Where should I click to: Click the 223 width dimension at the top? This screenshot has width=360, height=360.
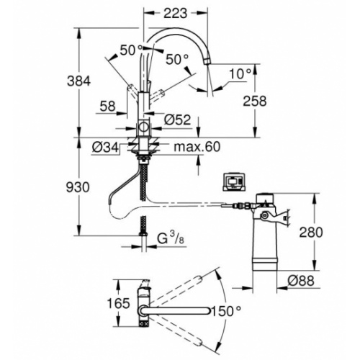point(175,14)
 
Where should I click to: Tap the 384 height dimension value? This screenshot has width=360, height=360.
point(78,81)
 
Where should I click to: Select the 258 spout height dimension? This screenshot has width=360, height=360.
point(255,101)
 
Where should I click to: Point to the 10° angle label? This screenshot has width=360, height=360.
point(240,73)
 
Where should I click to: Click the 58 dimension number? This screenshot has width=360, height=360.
point(107,106)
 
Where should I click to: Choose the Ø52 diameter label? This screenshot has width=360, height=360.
point(177,120)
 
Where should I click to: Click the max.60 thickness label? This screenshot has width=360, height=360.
point(197,147)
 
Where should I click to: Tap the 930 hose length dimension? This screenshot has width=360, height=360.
point(78,187)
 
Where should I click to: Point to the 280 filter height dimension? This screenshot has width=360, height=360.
point(311,232)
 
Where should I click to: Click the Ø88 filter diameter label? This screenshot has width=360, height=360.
point(301,280)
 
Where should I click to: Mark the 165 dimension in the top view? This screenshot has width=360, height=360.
point(118,303)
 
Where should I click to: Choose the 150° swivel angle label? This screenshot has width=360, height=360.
point(226,311)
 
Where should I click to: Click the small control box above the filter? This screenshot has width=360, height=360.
point(234,181)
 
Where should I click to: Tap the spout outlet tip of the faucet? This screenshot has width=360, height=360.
point(207,60)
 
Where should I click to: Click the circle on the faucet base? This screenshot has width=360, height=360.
point(144,127)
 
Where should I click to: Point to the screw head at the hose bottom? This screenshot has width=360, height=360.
point(143,233)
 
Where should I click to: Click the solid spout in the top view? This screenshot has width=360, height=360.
point(175,311)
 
